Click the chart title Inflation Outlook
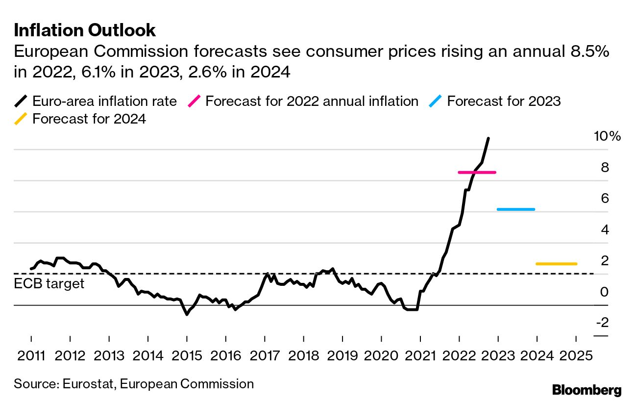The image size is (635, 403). [85, 30]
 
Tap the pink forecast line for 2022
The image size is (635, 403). [477, 172]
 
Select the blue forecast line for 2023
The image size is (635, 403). [515, 209]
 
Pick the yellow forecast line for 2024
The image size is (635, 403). [556, 264]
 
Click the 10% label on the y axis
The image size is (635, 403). [607, 136]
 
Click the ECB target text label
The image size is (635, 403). [49, 283]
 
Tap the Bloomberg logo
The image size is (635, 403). [586, 390]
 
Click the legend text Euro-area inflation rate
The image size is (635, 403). [104, 101]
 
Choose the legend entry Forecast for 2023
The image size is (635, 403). [504, 101]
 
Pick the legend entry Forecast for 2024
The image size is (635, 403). [89, 119]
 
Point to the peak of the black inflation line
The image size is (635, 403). [488, 139]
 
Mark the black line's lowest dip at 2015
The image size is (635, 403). [187, 314]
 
